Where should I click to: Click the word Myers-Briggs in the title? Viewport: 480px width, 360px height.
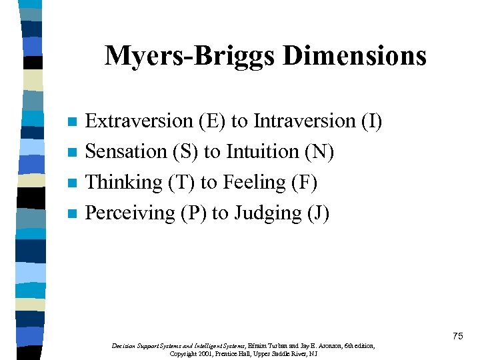point(190,56)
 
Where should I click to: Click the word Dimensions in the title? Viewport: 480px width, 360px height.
point(354,56)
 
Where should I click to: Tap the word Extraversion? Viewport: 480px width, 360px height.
point(139,121)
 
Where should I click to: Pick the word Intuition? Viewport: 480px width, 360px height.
point(263,152)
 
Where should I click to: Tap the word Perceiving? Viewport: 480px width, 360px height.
point(131,213)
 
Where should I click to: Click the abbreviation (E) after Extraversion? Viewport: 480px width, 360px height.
point(212,121)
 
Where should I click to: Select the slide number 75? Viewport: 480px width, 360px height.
point(457,336)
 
